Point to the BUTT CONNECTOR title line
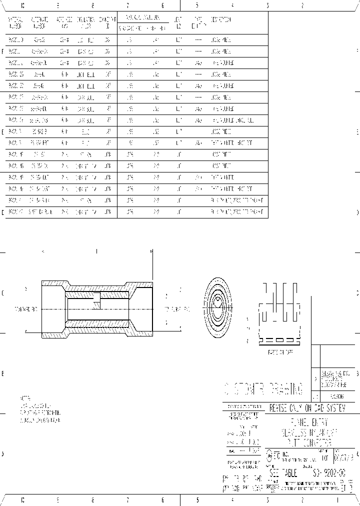click(310, 442)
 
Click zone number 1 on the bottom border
click(337, 499)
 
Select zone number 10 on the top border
click(22, 5)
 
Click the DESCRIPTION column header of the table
click(220, 20)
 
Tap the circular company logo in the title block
click(269, 455)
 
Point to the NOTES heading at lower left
click(25, 397)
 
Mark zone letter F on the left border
click(3, 51)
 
